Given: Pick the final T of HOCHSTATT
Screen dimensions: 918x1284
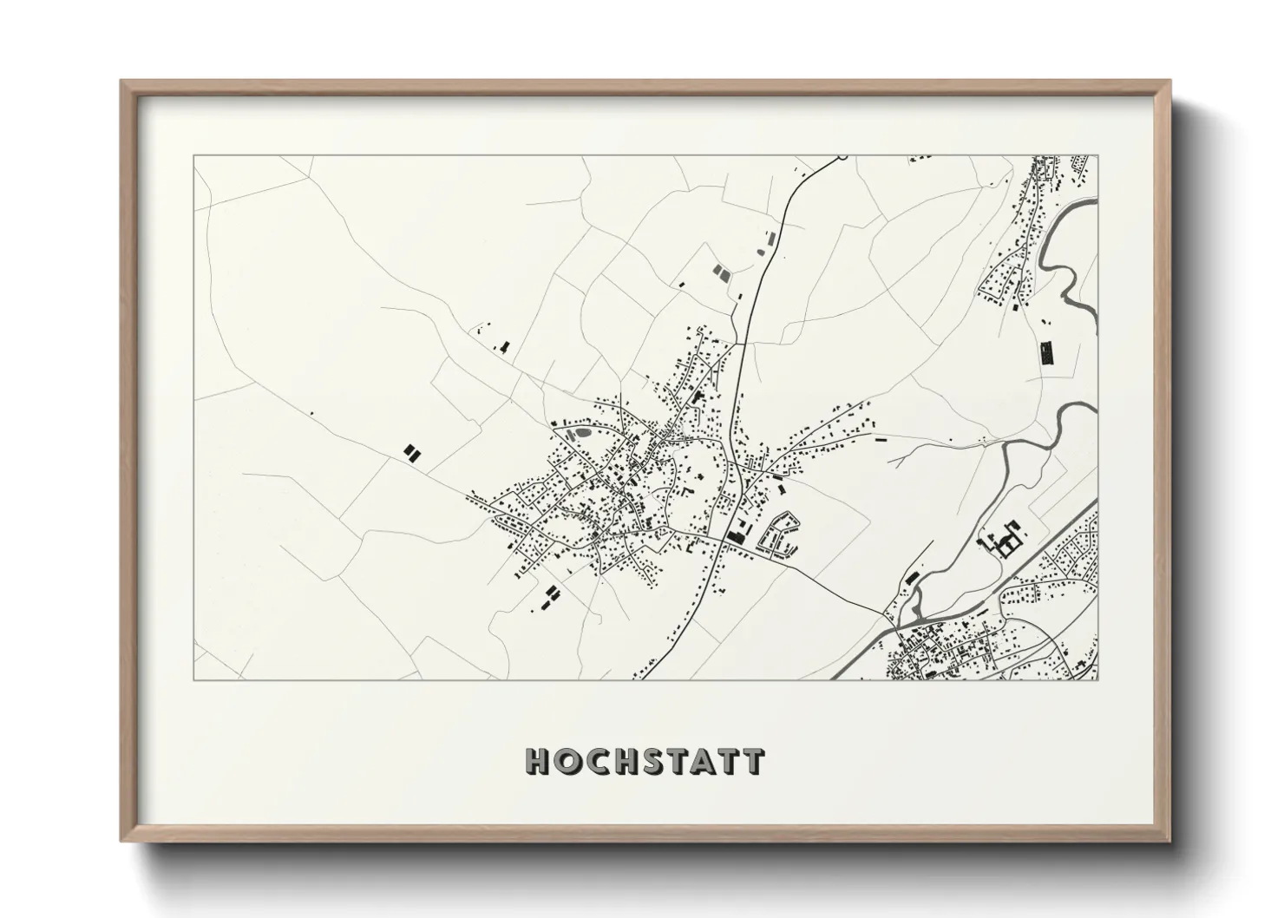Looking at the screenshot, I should [754, 761].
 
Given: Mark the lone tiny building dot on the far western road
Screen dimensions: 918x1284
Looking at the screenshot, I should [311, 413].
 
